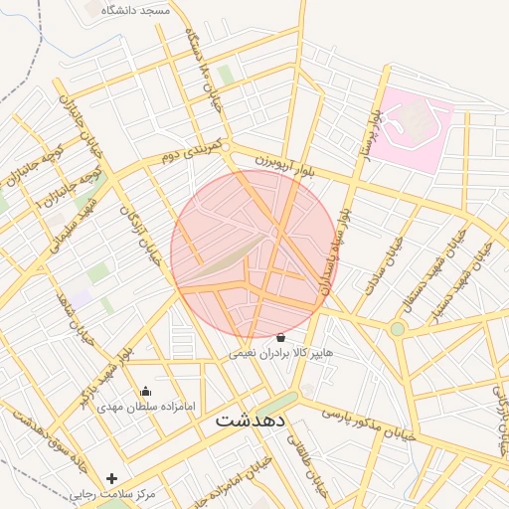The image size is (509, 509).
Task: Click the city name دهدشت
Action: pos(251,420)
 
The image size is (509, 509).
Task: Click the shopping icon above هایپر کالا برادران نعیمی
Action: pos(279,338)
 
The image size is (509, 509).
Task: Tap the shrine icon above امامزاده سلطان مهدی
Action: pos(146,391)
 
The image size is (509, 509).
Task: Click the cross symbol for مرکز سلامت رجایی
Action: pos(112,479)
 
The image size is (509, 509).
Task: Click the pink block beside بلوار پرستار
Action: pos(417,128)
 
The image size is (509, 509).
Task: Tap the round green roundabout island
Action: pos(398,328)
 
